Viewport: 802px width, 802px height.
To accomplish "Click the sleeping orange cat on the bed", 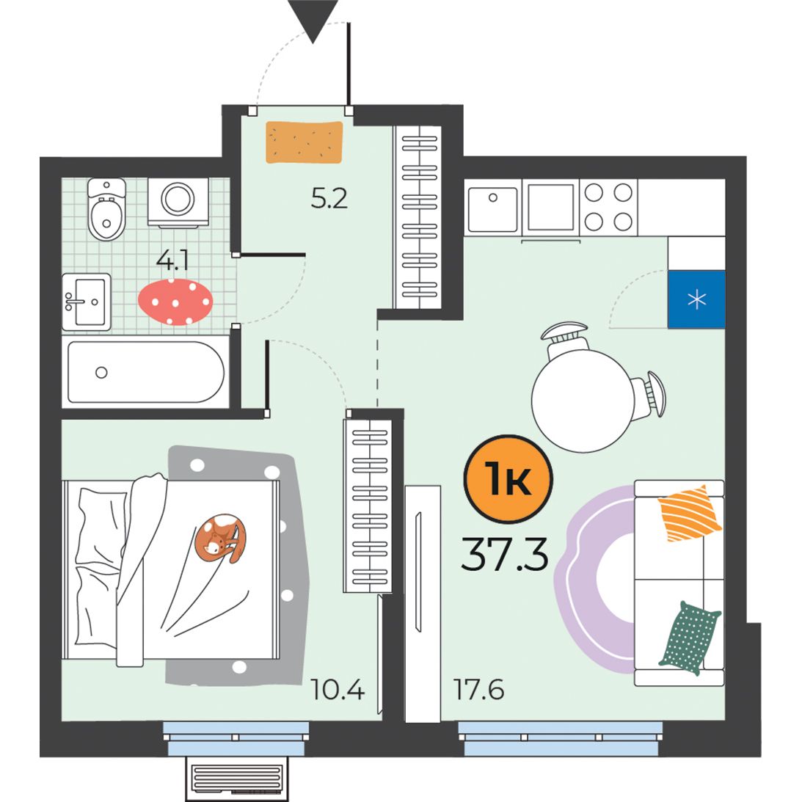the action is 220,538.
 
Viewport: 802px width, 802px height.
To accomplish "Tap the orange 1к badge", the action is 508,478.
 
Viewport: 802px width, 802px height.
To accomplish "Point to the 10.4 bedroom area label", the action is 337,690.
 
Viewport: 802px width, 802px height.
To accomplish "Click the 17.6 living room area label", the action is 478,690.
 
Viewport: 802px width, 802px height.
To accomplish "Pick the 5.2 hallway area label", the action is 329,198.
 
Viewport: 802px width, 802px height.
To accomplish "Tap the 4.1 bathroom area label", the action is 172,261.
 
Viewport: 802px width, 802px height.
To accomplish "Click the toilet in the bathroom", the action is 106,209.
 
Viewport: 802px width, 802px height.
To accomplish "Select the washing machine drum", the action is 178,198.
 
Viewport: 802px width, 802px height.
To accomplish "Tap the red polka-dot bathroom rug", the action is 175,302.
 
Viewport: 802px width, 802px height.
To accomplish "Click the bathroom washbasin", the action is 87,302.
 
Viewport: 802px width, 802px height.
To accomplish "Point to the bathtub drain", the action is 101,372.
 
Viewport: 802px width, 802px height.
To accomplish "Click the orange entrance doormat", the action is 305,142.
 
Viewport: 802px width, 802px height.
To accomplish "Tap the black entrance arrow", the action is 313,21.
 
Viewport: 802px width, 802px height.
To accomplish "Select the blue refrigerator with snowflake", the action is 696,299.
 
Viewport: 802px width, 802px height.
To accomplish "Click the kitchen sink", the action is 492,209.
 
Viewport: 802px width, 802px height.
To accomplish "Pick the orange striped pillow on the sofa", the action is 689,513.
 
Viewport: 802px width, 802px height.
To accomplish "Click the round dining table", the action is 583,401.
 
